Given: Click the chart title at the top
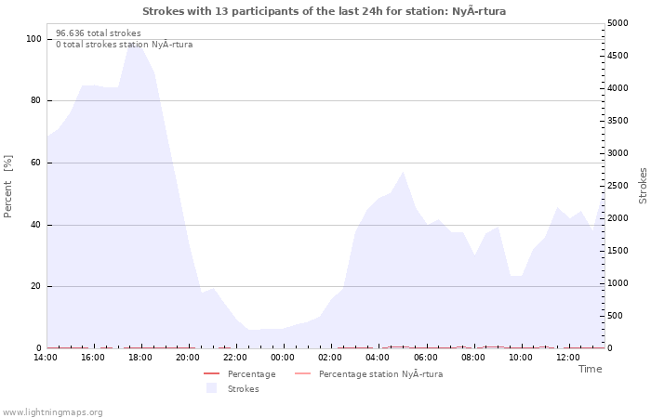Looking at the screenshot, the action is coord(324,11).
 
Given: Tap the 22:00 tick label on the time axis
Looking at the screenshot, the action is coord(235,358).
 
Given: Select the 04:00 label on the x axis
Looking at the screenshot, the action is coord(378,358).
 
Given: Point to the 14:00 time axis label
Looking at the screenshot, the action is coord(46,358).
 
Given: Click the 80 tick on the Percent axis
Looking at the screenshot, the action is coord(35,100).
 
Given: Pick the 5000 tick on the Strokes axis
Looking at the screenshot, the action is coord(618,23).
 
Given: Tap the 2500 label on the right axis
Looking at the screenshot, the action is coord(618,186).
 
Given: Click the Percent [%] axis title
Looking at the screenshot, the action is coord(7,186).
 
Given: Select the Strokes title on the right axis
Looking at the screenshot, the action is coord(643,186).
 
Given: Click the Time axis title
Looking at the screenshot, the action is coord(590,369).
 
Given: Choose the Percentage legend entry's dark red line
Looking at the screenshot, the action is coord(211,374).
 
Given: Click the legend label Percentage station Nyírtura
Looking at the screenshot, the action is coord(380,374).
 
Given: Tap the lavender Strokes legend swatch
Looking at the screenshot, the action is coord(211,388).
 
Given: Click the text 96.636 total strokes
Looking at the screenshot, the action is coord(99,33).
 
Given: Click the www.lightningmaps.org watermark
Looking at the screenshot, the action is coord(51,412).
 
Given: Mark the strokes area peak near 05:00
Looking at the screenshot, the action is coord(403,172).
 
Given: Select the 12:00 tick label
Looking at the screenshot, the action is coord(567,358).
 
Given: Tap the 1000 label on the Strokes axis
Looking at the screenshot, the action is coord(618,283).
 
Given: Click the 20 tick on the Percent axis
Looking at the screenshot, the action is coord(35,286).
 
